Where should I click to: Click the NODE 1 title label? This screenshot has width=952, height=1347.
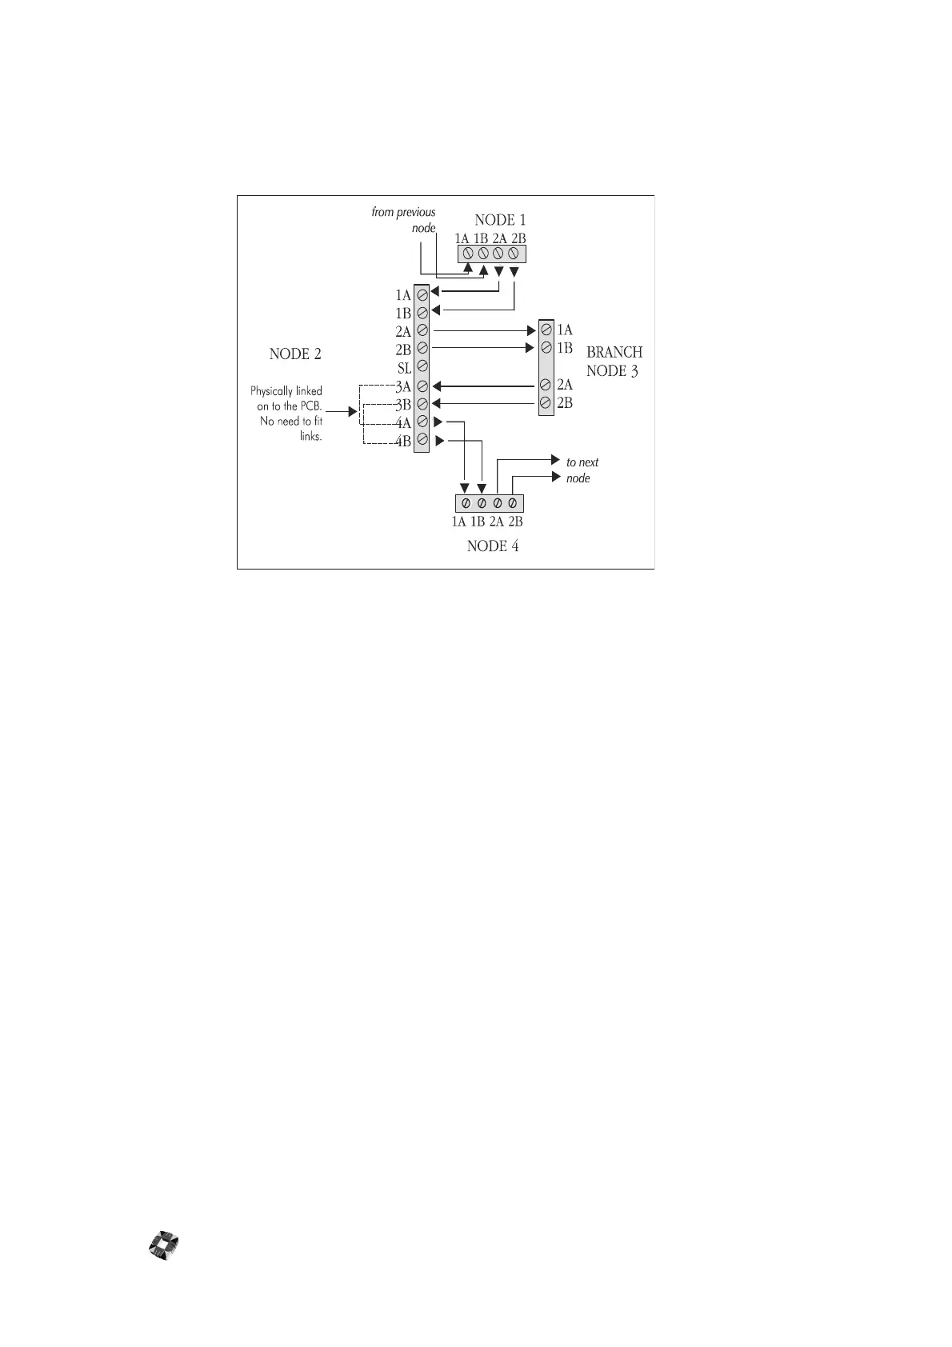[x=500, y=220]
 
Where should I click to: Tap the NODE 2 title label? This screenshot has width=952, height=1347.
[x=295, y=354]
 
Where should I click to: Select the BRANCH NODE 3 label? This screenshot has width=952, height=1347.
[x=614, y=362]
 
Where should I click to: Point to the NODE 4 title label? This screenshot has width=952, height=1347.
[x=492, y=546]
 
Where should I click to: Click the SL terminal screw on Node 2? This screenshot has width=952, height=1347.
[x=422, y=367]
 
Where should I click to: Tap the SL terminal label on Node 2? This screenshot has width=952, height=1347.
[x=404, y=368]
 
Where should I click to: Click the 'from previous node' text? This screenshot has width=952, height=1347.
[x=404, y=220]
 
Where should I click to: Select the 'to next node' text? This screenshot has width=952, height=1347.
[x=582, y=470]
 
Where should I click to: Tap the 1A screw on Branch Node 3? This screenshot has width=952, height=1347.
[x=546, y=330]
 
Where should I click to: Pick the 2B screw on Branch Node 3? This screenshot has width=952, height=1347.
[x=546, y=402]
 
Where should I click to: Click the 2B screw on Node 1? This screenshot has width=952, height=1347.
[x=514, y=254]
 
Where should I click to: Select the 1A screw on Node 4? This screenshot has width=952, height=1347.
[x=466, y=503]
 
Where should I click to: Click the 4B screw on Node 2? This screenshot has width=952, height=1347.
[x=422, y=439]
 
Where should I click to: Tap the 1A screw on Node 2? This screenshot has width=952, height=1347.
[x=422, y=295]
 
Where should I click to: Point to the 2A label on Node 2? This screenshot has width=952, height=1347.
[x=403, y=331]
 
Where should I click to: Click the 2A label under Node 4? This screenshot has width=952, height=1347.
[x=497, y=522]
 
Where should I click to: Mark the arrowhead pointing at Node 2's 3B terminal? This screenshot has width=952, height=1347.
[x=437, y=403]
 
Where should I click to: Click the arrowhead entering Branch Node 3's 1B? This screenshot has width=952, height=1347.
[x=530, y=348]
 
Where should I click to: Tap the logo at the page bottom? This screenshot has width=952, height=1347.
[x=164, y=1246]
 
